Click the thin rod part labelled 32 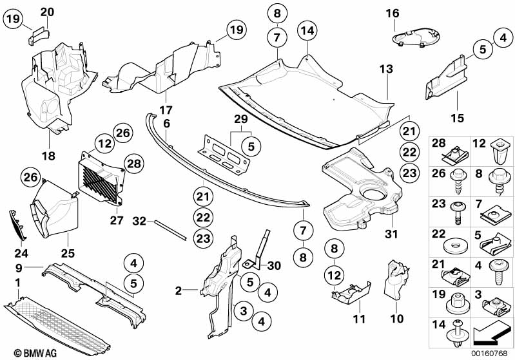click(170, 228)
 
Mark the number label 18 click(49, 156)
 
